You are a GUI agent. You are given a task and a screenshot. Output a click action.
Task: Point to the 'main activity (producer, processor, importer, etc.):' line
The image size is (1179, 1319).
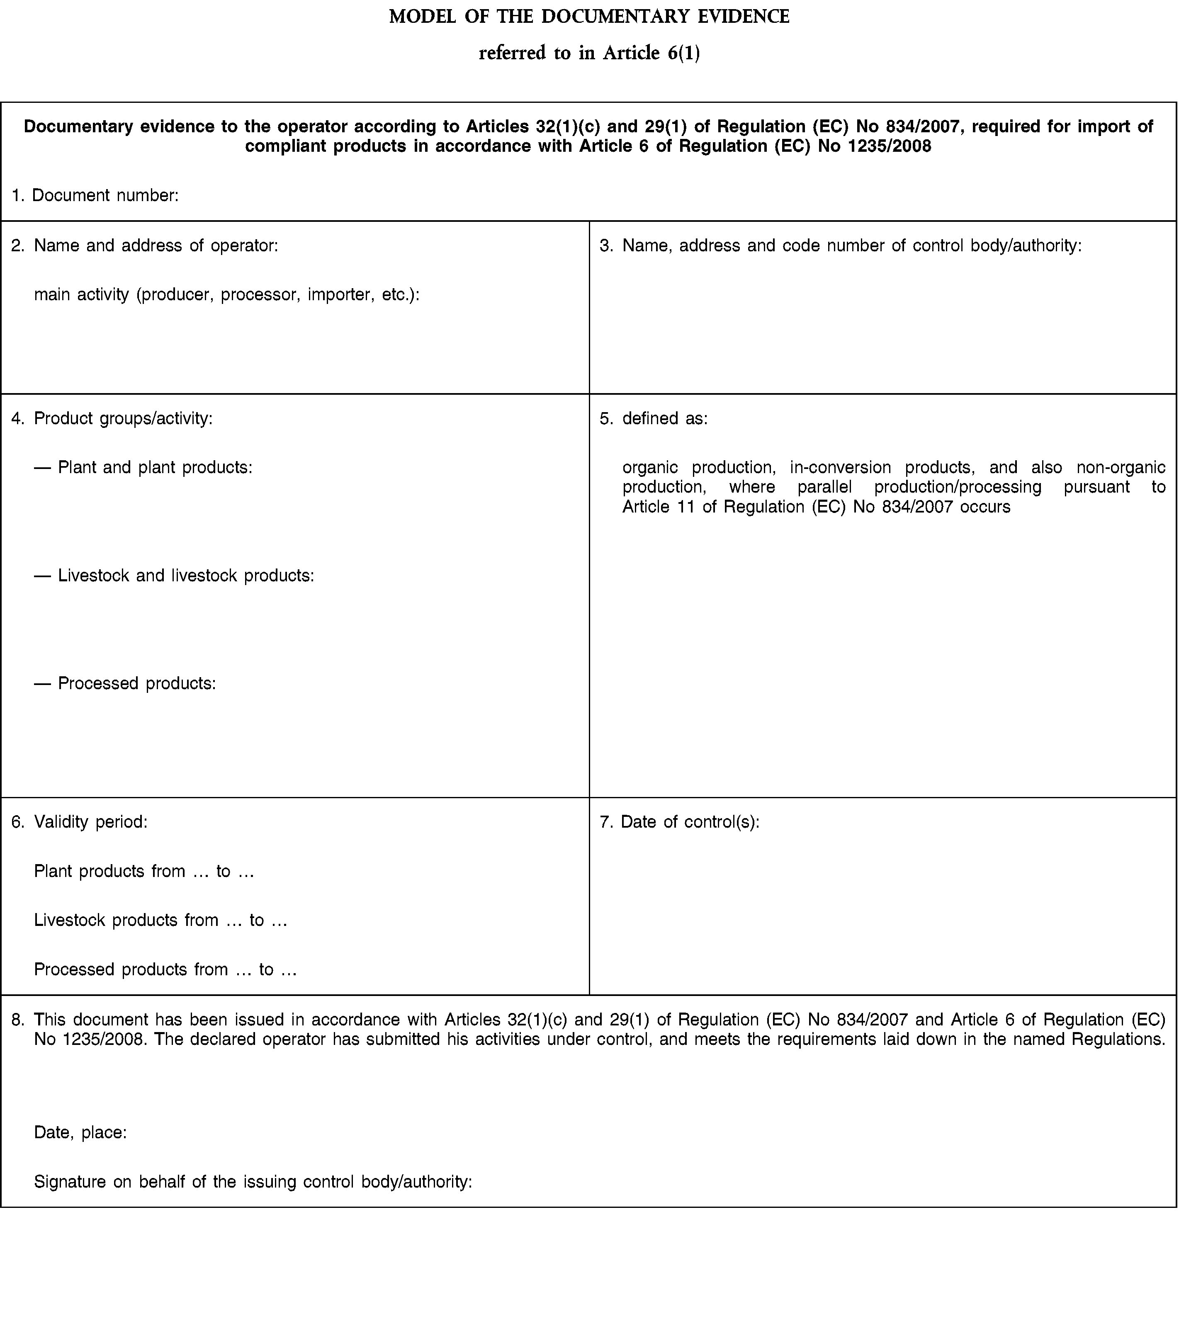tap(227, 295)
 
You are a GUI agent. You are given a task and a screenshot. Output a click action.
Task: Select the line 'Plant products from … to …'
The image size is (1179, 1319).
tap(144, 871)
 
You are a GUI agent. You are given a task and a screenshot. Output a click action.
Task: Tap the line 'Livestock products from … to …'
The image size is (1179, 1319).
tap(160, 921)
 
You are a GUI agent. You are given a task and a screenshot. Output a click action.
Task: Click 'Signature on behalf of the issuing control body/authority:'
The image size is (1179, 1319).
tap(253, 1182)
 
